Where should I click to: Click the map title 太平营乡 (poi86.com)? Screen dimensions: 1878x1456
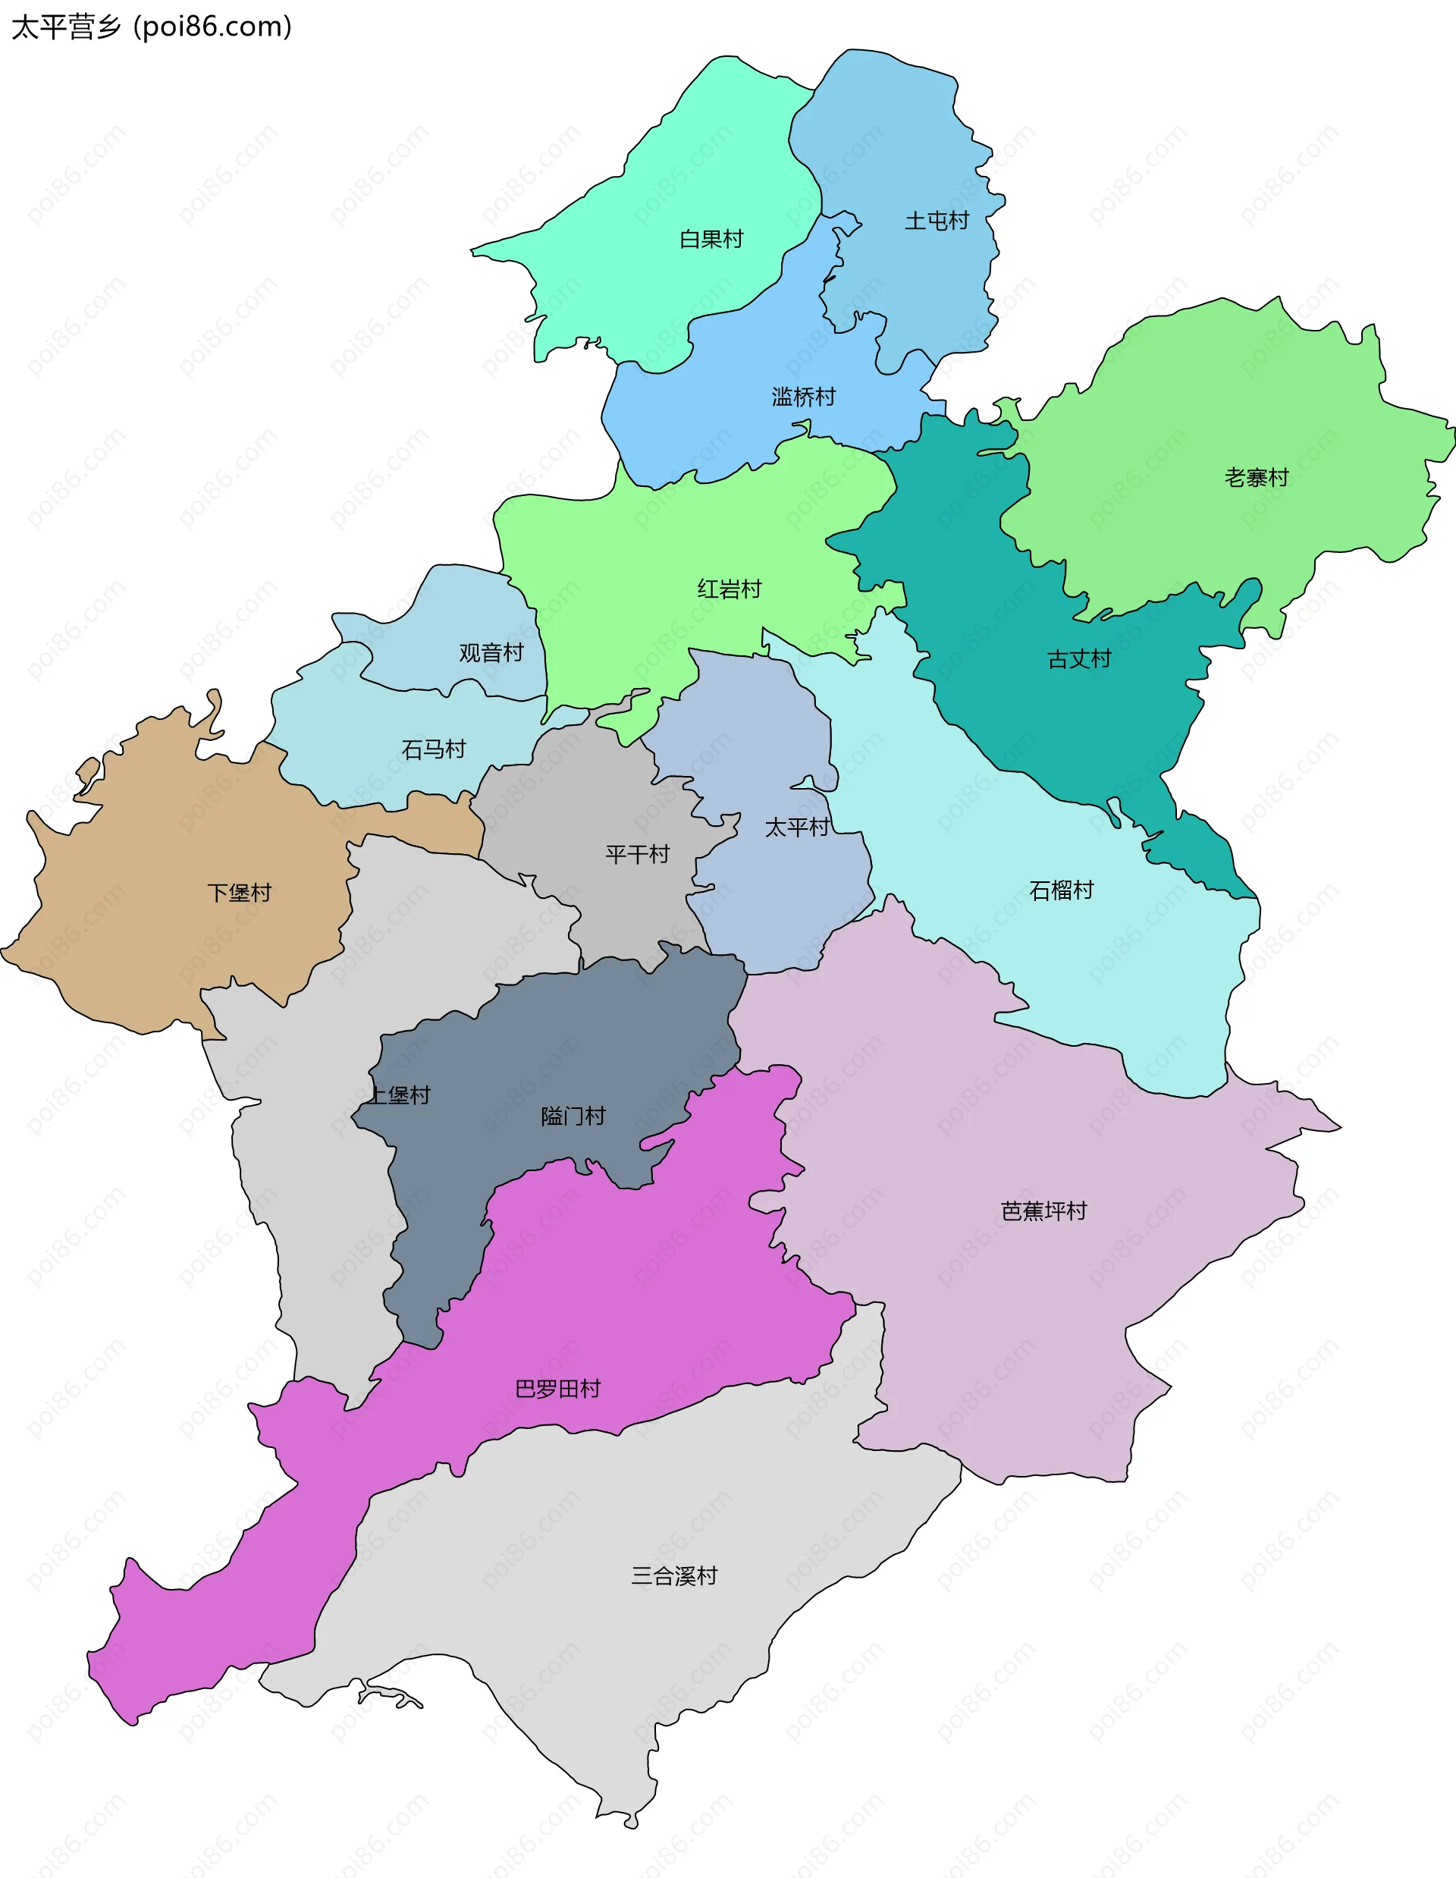pyautogui.click(x=151, y=27)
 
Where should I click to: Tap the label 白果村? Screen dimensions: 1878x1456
pyautogui.click(x=711, y=239)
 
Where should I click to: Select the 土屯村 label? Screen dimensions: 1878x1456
pyautogui.click(x=936, y=221)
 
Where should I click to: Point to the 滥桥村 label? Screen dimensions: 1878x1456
pyautogui.click(x=803, y=397)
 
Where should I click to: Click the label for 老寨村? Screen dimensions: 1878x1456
pyautogui.click(x=1256, y=477)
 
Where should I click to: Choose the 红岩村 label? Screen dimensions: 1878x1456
pyautogui.click(x=729, y=589)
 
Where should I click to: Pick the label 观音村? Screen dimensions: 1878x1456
pyautogui.click(x=491, y=652)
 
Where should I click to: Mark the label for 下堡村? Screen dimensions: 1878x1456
pyautogui.click(x=239, y=893)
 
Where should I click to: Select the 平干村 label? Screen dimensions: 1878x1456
pyautogui.click(x=637, y=854)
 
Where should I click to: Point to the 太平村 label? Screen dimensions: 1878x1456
pyautogui.click(x=797, y=828)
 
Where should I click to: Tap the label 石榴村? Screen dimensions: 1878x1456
pyautogui.click(x=1061, y=890)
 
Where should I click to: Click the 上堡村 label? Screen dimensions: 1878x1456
pyautogui.click(x=399, y=1094)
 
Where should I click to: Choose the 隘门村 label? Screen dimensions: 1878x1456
pyautogui.click(x=573, y=1116)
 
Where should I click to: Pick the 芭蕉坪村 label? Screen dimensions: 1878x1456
pyautogui.click(x=1043, y=1211)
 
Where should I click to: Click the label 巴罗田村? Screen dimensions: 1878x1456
pyautogui.click(x=557, y=1389)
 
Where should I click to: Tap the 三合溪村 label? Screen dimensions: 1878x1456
pyautogui.click(x=674, y=1575)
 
